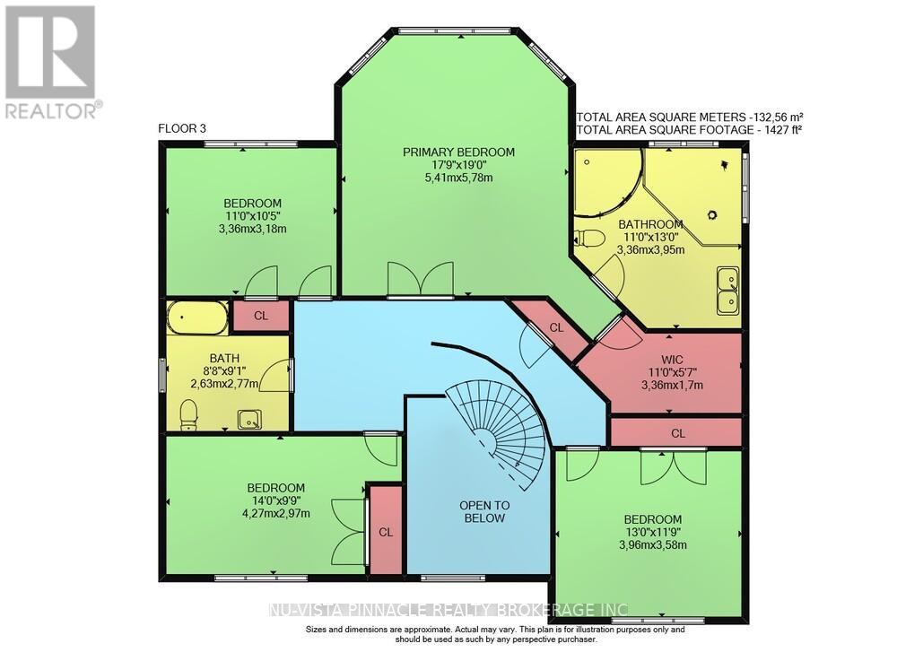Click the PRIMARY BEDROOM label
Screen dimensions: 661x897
click(458, 152)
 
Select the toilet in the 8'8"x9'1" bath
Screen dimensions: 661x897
click(188, 414)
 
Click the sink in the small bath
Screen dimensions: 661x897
click(249, 418)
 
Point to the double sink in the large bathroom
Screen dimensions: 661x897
click(728, 291)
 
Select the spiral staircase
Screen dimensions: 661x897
click(502, 422)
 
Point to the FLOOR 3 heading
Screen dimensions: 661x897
click(182, 128)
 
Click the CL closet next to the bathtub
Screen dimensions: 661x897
click(260, 316)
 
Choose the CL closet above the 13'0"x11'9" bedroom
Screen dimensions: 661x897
click(677, 432)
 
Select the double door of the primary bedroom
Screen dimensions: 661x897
click(420, 279)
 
